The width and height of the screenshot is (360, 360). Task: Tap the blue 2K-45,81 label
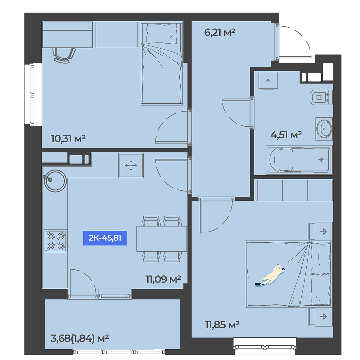pyautogui.click(x=105, y=238)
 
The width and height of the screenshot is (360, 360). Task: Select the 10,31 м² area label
pyautogui.click(x=68, y=139)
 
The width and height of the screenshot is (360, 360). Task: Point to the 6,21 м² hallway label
pyautogui.click(x=220, y=32)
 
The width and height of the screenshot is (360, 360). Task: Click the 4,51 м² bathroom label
pyautogui.click(x=286, y=135)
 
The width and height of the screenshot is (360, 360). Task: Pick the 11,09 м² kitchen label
pyautogui.click(x=163, y=279)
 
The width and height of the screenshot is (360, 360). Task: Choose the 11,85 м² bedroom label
pyautogui.click(x=222, y=325)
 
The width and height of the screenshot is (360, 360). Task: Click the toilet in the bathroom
pyautogui.click(x=321, y=97)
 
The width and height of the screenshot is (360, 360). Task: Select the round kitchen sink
pyautogui.click(x=55, y=181)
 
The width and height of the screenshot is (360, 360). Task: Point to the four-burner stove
pyautogui.click(x=55, y=241)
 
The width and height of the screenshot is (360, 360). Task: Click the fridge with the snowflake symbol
pyautogui.click(x=131, y=166)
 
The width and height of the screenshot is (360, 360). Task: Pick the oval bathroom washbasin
pyautogui.click(x=324, y=129)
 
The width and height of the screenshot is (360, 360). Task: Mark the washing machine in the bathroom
pyautogui.click(x=268, y=80)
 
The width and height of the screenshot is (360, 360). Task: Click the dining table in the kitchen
pyautogui.click(x=162, y=239)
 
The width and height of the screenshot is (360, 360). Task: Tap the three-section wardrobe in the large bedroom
pyautogui.click(x=295, y=190)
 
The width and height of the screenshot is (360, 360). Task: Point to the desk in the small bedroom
pyautogui.click(x=68, y=35)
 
